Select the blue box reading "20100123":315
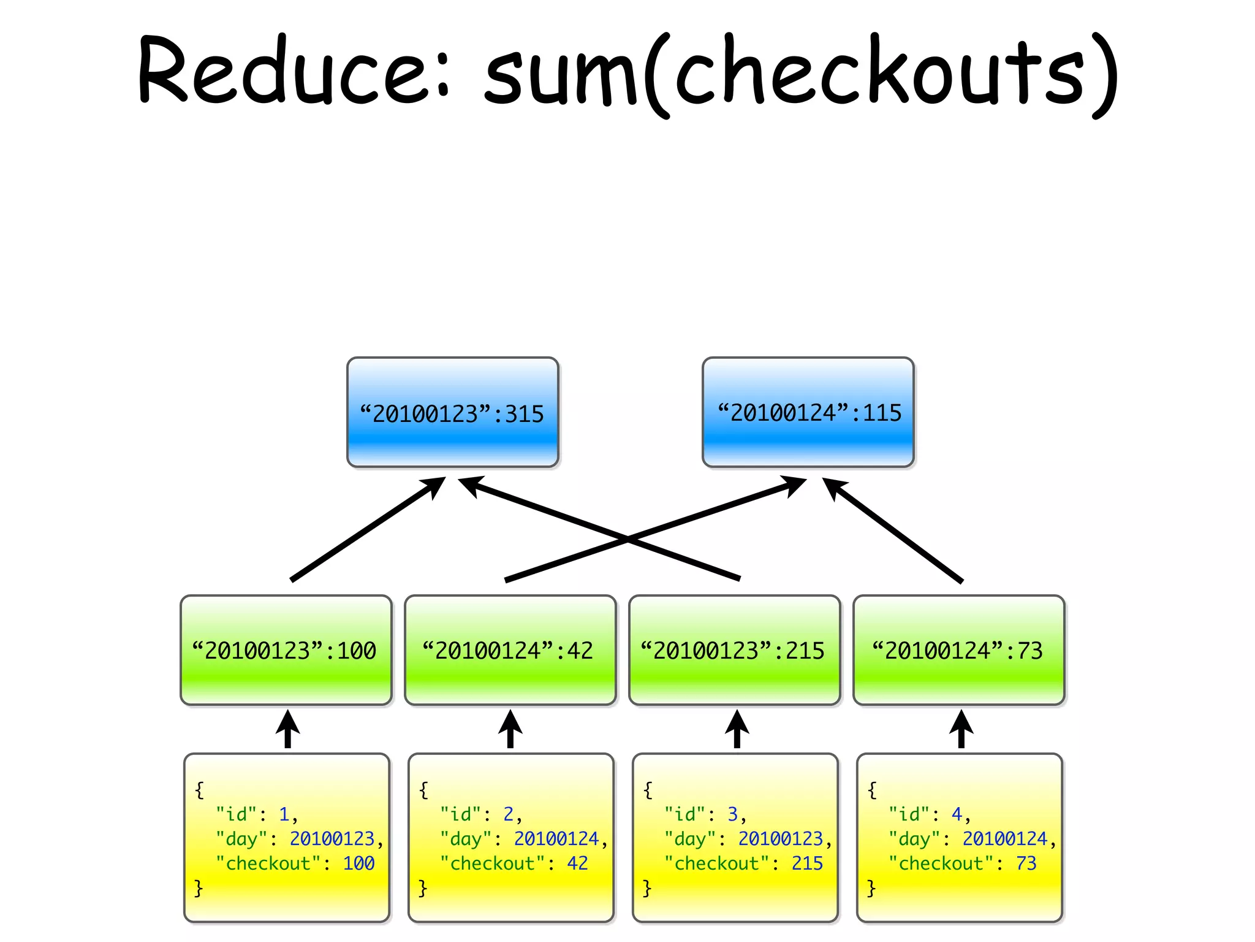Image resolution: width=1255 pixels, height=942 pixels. tap(452, 413)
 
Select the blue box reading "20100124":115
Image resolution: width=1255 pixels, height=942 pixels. tap(808, 412)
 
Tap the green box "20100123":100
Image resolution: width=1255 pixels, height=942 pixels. tap(286, 650)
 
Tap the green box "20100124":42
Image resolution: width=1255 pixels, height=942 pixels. tap(510, 650)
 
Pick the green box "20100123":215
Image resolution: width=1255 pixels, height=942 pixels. tap(734, 650)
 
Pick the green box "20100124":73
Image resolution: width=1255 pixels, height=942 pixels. tap(958, 650)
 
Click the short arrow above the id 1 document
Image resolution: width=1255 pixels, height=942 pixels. tap(287, 729)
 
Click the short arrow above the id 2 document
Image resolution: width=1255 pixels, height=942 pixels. tap(510, 729)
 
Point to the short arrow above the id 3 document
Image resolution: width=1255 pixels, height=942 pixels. tap(737, 729)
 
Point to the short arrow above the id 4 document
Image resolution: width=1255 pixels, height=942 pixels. tap(961, 729)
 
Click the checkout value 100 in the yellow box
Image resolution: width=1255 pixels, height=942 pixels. tap(358, 863)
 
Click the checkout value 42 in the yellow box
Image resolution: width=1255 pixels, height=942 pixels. tap(577, 863)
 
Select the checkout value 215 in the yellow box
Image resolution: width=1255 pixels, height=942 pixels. tap(807, 863)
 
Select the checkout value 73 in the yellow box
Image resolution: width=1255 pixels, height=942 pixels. tap(1026, 863)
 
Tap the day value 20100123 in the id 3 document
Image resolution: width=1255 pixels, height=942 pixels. tap(780, 838)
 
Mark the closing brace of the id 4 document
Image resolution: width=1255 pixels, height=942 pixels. tap(871, 887)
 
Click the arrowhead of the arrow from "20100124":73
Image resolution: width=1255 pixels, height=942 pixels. tap(833, 488)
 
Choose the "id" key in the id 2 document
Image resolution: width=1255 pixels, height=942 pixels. tap(461, 814)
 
